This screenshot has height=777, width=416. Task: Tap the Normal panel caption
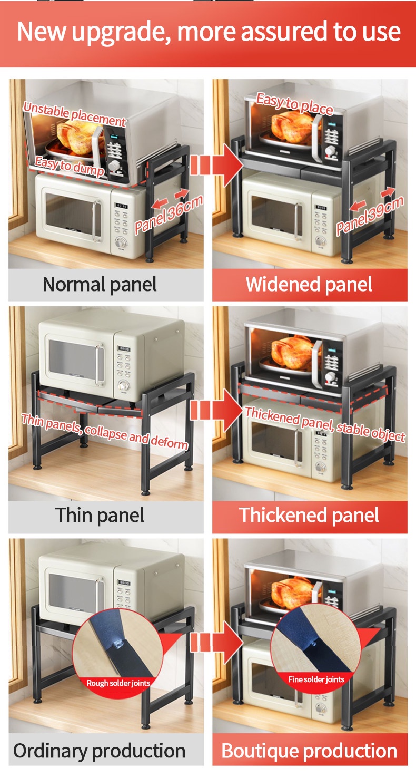(100, 285)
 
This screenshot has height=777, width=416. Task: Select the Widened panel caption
(309, 285)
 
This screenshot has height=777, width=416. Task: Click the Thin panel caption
(100, 515)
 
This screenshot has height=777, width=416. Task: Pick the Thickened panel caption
(309, 515)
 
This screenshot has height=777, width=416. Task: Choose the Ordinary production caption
(100, 751)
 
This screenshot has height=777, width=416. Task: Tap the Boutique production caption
(309, 751)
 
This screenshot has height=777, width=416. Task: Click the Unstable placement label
(74, 114)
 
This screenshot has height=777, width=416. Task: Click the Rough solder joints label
(118, 683)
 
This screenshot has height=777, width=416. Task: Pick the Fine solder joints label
(316, 679)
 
